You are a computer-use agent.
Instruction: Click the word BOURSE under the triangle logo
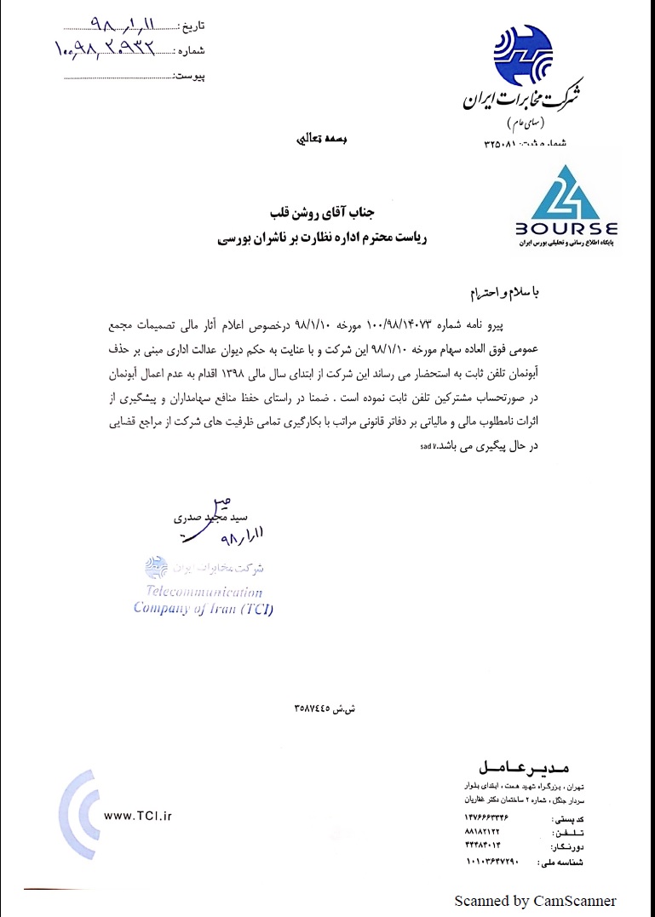tap(566, 229)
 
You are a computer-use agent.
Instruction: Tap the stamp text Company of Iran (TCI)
tap(203, 608)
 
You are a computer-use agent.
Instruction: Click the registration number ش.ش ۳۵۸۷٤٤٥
tap(324, 708)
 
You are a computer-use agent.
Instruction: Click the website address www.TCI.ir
tap(137, 816)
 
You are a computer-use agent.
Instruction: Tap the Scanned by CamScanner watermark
tap(535, 901)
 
